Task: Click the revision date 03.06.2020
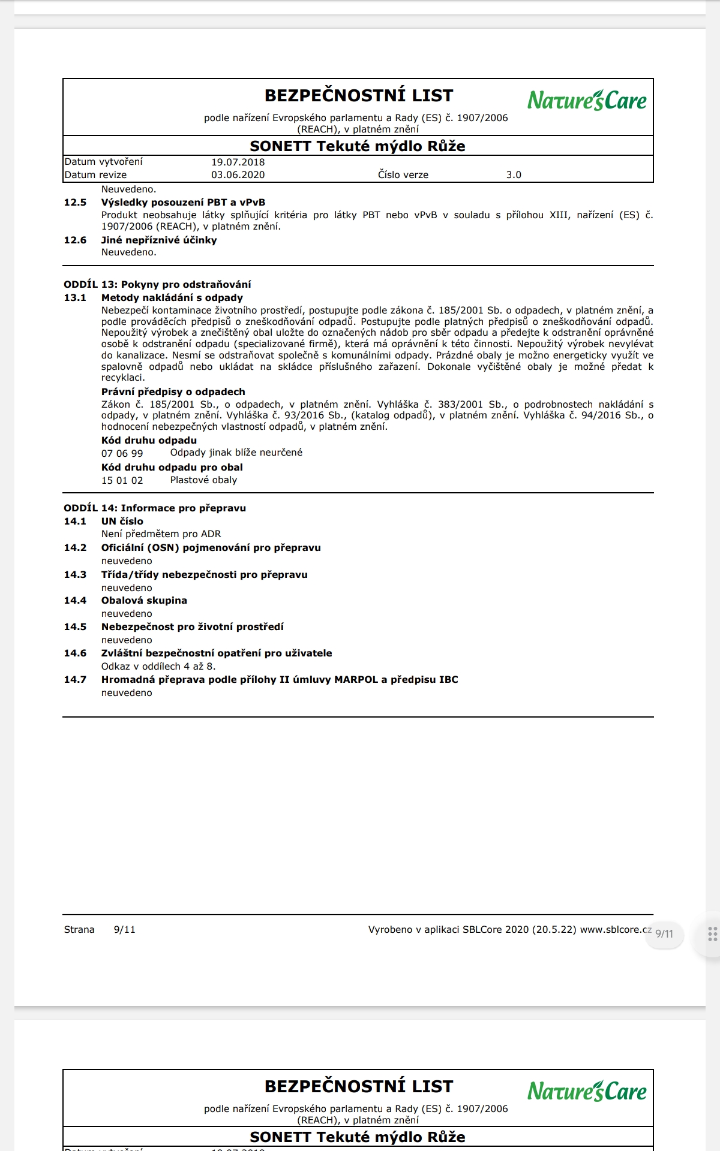click(x=238, y=175)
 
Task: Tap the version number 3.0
click(x=514, y=175)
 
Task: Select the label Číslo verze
click(x=403, y=175)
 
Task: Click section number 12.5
click(x=75, y=203)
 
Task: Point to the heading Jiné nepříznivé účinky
click(x=159, y=240)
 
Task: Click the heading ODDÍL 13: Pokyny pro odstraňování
click(x=157, y=285)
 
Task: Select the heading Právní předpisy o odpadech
click(x=173, y=392)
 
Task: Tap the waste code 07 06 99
click(x=122, y=454)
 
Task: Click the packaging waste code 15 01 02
click(x=122, y=481)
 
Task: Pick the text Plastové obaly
click(x=203, y=480)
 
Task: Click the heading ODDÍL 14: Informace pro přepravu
click(x=155, y=508)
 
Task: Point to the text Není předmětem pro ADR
click(x=161, y=534)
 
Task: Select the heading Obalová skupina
click(x=144, y=601)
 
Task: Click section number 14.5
click(x=75, y=627)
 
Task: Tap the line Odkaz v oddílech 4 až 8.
click(x=158, y=667)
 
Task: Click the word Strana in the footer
click(x=79, y=930)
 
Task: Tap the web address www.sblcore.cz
click(x=616, y=930)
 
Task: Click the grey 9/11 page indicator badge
click(x=664, y=934)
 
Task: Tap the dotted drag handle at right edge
click(x=712, y=934)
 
